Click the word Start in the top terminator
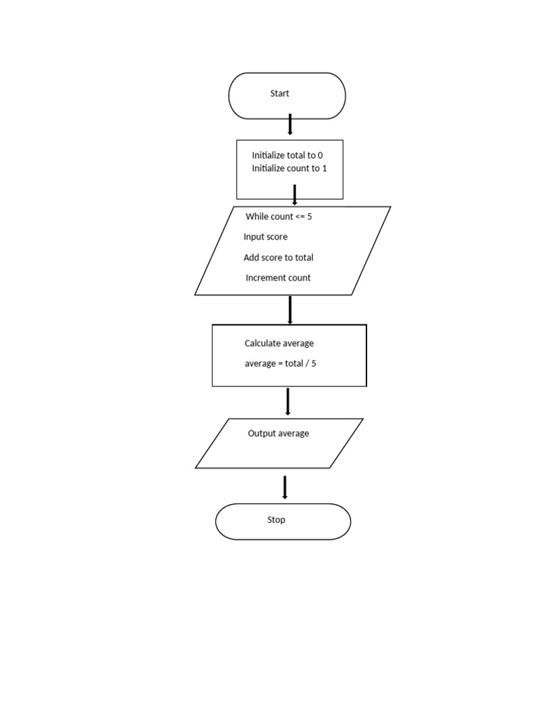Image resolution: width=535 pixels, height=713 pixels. point(279,93)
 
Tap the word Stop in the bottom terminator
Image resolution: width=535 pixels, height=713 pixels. point(277,519)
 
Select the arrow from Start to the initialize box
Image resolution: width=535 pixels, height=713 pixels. point(290,125)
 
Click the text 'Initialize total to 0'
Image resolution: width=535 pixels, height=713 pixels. point(287,155)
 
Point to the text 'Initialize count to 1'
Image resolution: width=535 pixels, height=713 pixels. point(289,169)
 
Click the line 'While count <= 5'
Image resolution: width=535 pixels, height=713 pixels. point(279,217)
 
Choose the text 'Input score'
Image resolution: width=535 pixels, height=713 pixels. point(265,237)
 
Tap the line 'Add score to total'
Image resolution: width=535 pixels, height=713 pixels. point(278,258)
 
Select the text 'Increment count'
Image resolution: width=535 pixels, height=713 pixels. point(278,278)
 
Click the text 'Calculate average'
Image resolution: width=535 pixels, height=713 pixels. point(279,343)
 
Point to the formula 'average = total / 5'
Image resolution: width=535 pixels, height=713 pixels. point(281,363)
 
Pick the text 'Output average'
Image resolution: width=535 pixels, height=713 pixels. point(278,433)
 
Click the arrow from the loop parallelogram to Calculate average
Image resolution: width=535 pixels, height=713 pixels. point(289,310)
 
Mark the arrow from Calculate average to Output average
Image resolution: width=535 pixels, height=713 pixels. point(288,402)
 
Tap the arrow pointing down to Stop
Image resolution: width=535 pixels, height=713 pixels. point(285,487)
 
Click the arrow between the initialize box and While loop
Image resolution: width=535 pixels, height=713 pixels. point(295,194)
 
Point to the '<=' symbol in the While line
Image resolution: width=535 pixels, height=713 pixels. point(300,217)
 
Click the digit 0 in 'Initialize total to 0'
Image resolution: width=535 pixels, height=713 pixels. point(320,155)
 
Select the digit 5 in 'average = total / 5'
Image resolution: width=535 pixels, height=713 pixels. point(314,363)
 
